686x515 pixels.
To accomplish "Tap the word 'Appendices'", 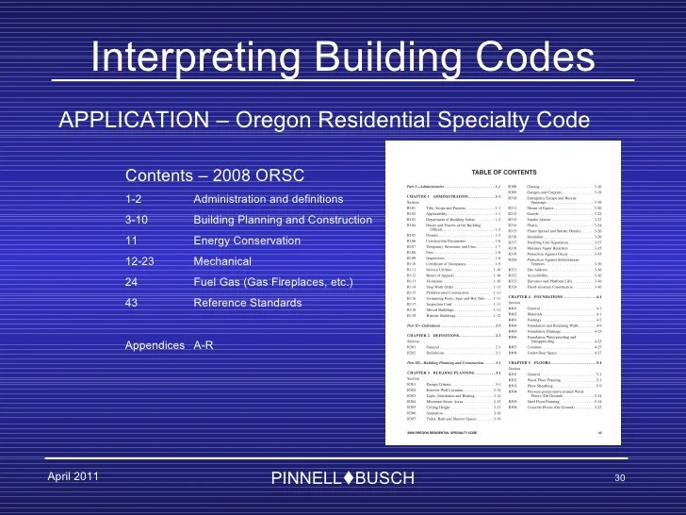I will (x=156, y=345).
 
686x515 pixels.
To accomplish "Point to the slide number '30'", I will (x=619, y=478).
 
